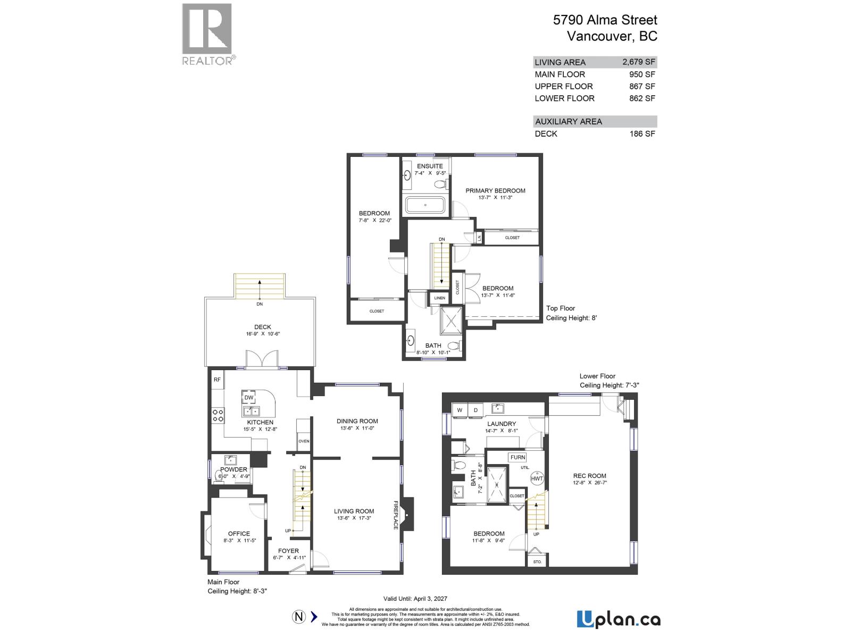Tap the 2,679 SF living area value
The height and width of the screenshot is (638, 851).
click(638, 62)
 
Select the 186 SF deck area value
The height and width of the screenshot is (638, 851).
click(642, 133)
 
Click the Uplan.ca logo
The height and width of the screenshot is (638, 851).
click(619, 619)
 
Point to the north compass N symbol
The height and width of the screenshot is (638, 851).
click(299, 617)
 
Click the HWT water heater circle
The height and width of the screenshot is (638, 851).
click(537, 478)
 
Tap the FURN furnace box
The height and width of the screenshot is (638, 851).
click(518, 457)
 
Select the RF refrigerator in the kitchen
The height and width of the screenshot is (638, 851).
click(217, 380)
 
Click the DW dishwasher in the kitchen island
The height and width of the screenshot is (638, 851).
click(249, 398)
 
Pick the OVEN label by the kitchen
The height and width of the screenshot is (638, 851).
click(304, 441)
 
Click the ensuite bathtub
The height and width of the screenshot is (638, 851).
click(425, 205)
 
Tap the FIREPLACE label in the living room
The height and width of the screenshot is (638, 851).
click(396, 515)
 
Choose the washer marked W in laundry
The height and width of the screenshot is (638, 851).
click(460, 410)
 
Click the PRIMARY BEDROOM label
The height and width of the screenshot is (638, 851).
click(495, 191)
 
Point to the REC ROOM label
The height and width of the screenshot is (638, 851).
click(589, 476)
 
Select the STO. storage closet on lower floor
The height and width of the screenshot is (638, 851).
click(537, 561)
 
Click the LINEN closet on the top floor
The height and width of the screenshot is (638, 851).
click(439, 298)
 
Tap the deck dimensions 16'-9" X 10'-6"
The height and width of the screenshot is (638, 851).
click(263, 334)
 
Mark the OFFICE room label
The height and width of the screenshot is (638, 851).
click(239, 534)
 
